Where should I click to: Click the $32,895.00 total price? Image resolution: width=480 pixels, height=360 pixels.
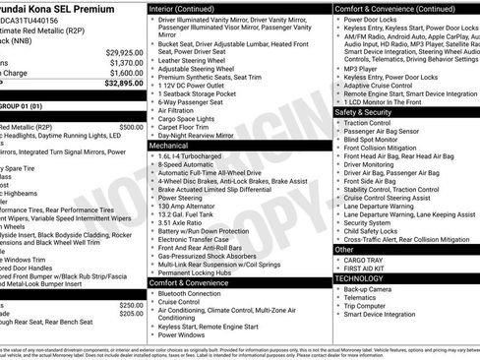click(124, 83)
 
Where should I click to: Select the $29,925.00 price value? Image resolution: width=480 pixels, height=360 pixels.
click(125, 52)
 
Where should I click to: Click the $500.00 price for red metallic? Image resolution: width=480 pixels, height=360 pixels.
click(131, 127)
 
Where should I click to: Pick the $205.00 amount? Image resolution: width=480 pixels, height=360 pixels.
click(131, 313)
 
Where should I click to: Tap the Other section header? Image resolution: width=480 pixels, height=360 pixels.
click(344, 250)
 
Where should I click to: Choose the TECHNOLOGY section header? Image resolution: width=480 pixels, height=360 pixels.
click(359, 278)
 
